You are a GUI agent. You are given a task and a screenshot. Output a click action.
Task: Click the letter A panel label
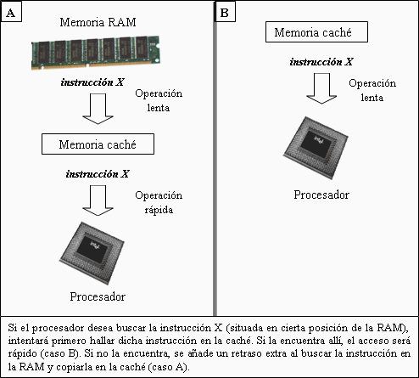11,13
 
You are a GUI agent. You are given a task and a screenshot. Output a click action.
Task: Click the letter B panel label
225,13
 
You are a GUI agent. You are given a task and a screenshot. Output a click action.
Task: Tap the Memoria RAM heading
98,22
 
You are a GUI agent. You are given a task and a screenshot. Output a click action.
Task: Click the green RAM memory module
96,53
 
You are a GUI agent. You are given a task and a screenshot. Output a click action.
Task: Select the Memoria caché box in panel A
98,144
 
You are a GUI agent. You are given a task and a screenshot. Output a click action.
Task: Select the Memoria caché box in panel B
316,32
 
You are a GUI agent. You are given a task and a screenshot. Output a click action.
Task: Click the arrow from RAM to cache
98,109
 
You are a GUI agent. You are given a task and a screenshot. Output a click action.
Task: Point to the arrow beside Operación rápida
98,200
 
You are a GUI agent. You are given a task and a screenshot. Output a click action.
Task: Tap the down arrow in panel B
321,88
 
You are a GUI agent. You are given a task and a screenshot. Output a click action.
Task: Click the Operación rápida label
159,202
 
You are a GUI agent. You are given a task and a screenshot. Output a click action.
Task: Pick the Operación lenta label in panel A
159,100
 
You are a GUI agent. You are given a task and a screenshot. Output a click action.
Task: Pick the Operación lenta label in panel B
372,90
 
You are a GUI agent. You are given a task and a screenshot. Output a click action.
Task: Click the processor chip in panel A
92,253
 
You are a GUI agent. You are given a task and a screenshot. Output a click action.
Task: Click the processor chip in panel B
316,148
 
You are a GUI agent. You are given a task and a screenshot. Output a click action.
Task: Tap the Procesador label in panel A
98,296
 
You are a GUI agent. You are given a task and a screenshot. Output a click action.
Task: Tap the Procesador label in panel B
321,195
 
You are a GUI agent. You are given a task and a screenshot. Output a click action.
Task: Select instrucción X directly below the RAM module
92,82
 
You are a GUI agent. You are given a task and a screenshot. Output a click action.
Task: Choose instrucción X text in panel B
321,62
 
